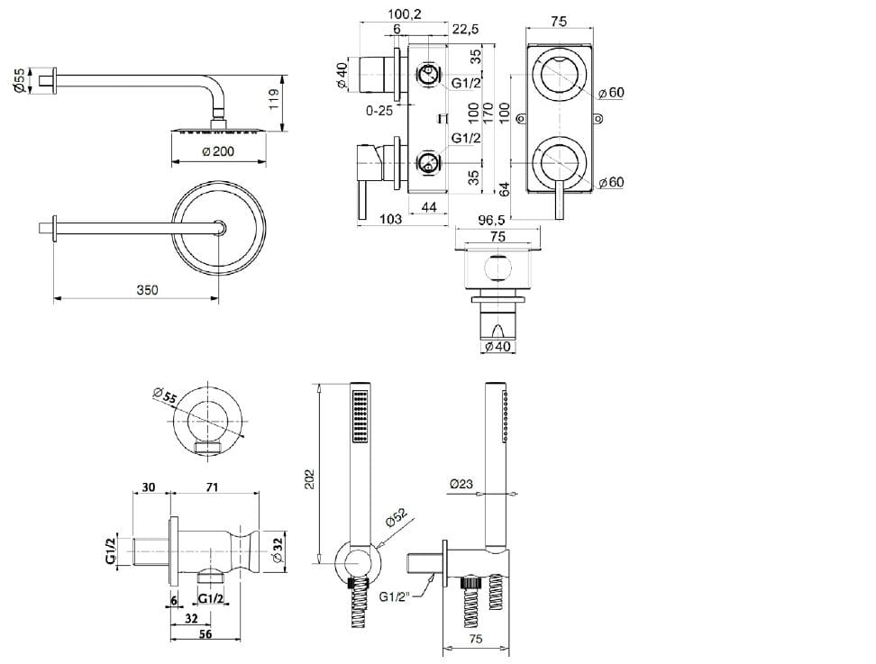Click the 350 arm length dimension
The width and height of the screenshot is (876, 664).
pos(147,290)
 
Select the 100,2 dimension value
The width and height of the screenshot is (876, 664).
pos(405,14)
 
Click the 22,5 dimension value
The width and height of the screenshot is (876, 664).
pos(465,30)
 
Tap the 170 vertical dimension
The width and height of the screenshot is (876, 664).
pos(488,112)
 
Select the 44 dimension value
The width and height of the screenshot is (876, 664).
pos(429,208)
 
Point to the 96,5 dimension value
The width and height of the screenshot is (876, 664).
pos(492,219)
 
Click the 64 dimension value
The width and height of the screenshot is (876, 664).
pos(505,188)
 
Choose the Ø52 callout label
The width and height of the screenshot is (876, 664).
pos(397,520)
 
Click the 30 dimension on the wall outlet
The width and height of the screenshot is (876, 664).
pos(148,487)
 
